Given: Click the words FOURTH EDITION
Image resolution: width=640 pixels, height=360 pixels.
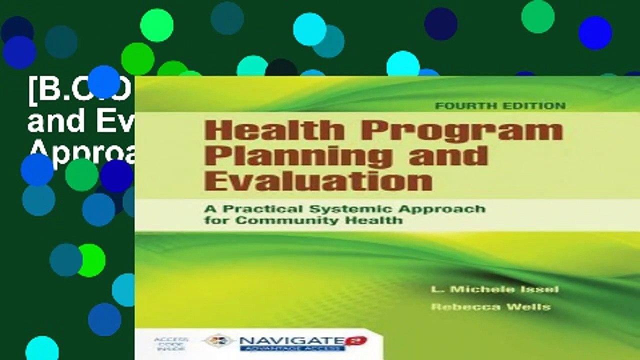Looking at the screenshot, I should pos(500,105).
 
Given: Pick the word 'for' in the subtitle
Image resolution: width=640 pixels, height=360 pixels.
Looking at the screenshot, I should pos(214,220).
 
